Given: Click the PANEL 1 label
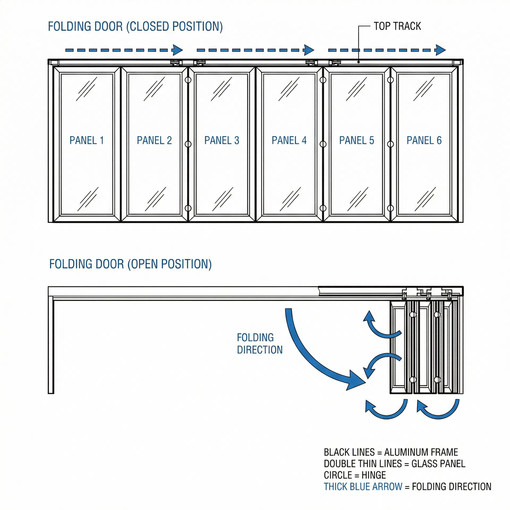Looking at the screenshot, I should click(87, 140).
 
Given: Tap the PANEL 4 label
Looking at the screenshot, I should click(289, 140).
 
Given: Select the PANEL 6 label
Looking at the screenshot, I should click(424, 140).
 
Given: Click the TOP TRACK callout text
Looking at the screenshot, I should click(397, 26).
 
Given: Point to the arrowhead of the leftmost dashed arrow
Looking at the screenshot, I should click(177, 50).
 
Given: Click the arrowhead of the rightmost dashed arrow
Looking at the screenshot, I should click(440, 50).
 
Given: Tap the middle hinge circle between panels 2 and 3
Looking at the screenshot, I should click(188, 144).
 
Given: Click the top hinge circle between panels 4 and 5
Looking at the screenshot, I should click(323, 80).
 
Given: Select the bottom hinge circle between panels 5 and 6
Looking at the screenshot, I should click(390, 208).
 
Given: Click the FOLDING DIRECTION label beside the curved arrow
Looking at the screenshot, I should click(260, 343).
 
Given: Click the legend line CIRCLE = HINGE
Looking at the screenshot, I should click(355, 475).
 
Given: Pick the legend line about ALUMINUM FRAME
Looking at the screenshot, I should click(391, 452).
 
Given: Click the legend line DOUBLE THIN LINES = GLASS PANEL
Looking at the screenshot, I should click(394, 464).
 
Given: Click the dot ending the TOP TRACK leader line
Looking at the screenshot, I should click(359, 62).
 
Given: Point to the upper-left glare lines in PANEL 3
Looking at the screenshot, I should click(222, 89).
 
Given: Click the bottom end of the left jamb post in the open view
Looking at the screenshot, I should click(51, 392).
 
